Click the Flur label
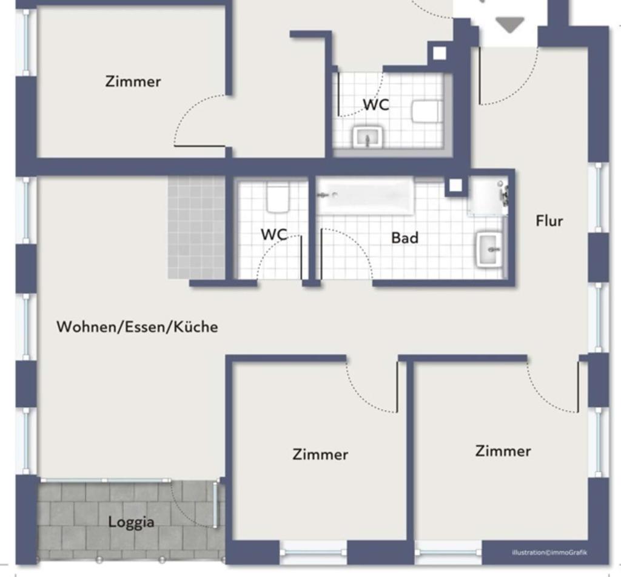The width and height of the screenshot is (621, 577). [x=549, y=221]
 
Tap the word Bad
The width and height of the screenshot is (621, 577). [x=404, y=238]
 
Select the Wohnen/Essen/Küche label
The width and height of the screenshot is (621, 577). [x=137, y=326]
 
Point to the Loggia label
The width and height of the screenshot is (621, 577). [x=131, y=522]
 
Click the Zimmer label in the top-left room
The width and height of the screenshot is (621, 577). [x=133, y=82]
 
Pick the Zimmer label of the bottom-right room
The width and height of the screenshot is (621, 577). [x=503, y=451]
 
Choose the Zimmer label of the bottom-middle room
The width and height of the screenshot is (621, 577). [x=320, y=454]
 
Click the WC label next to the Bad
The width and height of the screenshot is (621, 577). [x=274, y=234]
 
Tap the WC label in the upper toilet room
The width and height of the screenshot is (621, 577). [x=376, y=104]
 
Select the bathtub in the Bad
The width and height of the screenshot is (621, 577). [x=366, y=196]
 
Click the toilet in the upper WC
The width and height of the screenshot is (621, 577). [x=426, y=112]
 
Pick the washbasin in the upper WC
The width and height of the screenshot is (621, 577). [x=368, y=137]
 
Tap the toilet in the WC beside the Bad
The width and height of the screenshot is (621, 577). [x=278, y=197]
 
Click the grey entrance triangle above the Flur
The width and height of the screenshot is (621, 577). [x=509, y=25]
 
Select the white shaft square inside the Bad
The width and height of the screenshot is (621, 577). [x=455, y=186]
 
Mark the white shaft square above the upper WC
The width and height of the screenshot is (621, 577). [x=439, y=53]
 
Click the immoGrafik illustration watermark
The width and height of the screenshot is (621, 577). [x=549, y=553]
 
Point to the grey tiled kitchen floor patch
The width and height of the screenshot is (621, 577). [x=196, y=228]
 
